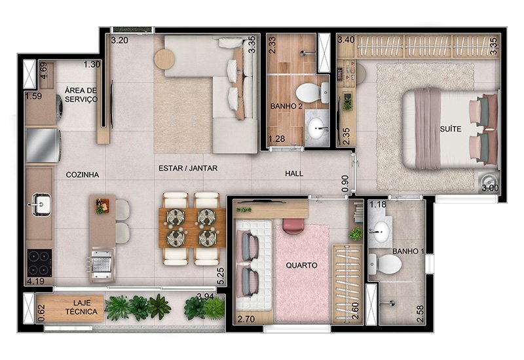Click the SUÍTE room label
coord(451,129)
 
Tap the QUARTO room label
coord(301,266)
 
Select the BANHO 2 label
coord(286,106)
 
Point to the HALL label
coord(294,173)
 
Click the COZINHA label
coord(83,175)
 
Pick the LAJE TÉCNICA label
coord(81,308)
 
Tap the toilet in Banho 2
coord(312,93)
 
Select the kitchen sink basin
coord(39,204)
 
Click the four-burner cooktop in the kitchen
coord(39,263)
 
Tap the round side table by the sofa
coord(164,59)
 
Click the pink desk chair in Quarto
coord(293,226)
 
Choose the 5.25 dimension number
coord(220,276)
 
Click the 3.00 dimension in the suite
coord(490,188)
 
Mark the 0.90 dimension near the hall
coord(345,184)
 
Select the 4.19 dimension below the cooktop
coord(35,281)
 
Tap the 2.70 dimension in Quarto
coord(246,319)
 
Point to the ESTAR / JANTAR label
coord(188,168)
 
